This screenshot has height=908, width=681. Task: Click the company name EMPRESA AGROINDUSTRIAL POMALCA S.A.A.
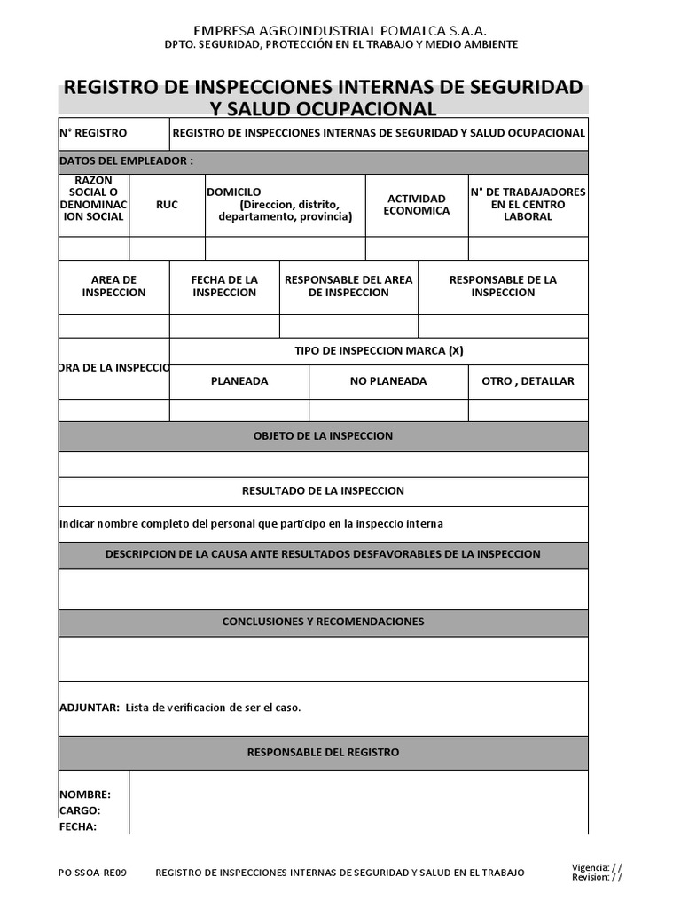(x=340, y=30)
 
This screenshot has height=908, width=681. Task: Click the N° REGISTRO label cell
(x=93, y=133)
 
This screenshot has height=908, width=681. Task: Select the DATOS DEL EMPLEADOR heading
(x=126, y=161)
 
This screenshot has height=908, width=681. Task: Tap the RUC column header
(x=167, y=205)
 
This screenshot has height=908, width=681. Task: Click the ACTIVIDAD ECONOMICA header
(x=416, y=205)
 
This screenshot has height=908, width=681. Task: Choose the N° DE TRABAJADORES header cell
(x=528, y=205)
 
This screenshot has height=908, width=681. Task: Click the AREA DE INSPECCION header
(x=113, y=286)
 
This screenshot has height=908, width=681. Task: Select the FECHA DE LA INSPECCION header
(x=224, y=286)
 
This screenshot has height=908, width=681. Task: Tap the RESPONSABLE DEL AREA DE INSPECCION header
(x=348, y=286)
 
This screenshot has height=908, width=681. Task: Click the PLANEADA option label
(x=239, y=381)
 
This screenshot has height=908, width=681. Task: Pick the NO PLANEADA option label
(x=388, y=381)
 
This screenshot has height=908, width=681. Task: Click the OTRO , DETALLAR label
(x=528, y=381)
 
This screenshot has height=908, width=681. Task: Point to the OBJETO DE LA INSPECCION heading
(x=323, y=436)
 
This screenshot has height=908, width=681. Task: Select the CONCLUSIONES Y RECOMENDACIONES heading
(x=323, y=622)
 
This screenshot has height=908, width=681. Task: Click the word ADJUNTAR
(x=89, y=708)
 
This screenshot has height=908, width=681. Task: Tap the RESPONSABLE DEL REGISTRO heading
(x=323, y=753)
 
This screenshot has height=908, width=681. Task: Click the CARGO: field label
(x=80, y=810)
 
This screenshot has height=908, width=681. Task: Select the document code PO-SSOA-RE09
(x=92, y=873)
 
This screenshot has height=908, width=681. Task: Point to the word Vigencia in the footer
(x=591, y=867)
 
